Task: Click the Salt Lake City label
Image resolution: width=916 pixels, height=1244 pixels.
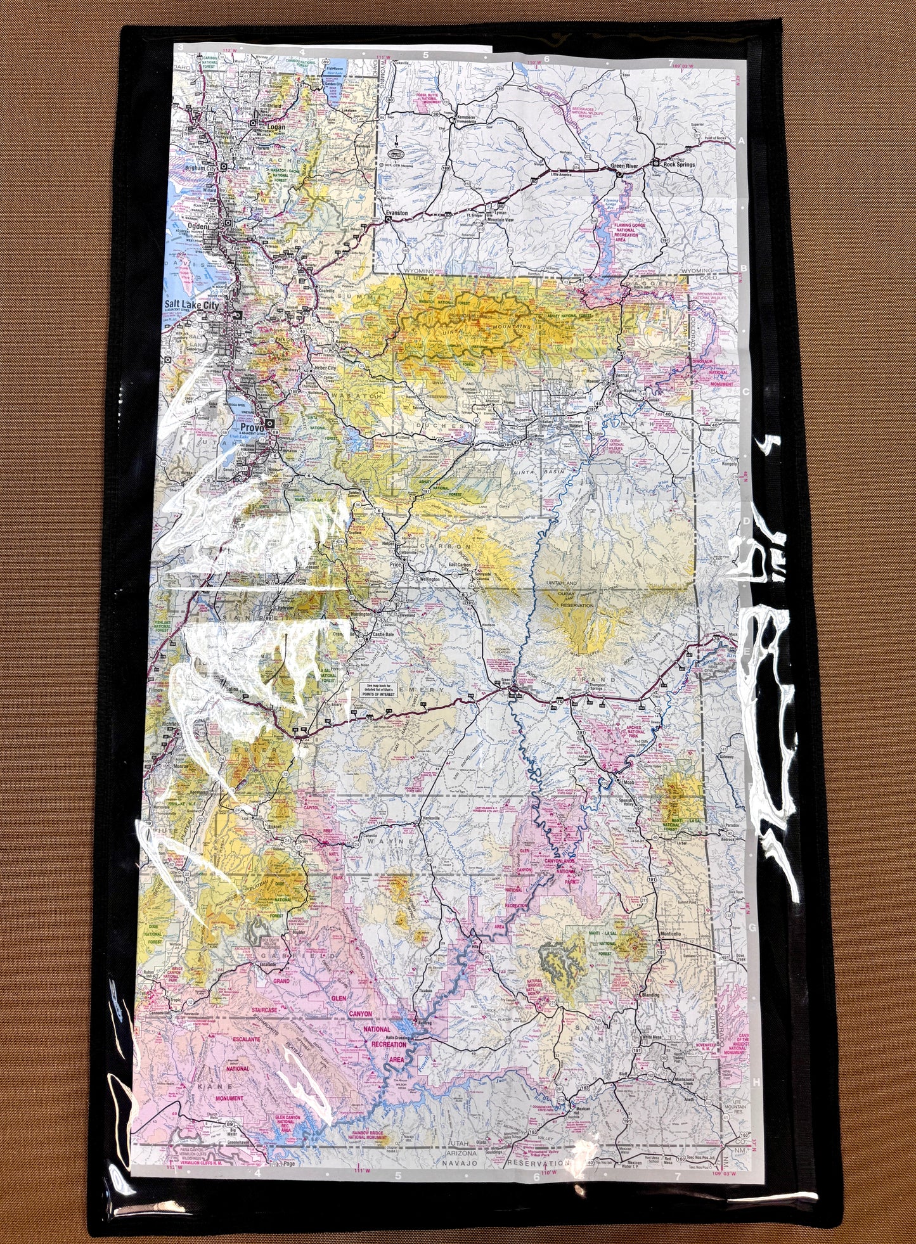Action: coord(191,305)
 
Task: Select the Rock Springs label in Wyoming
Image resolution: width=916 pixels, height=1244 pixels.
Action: coord(679,165)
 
